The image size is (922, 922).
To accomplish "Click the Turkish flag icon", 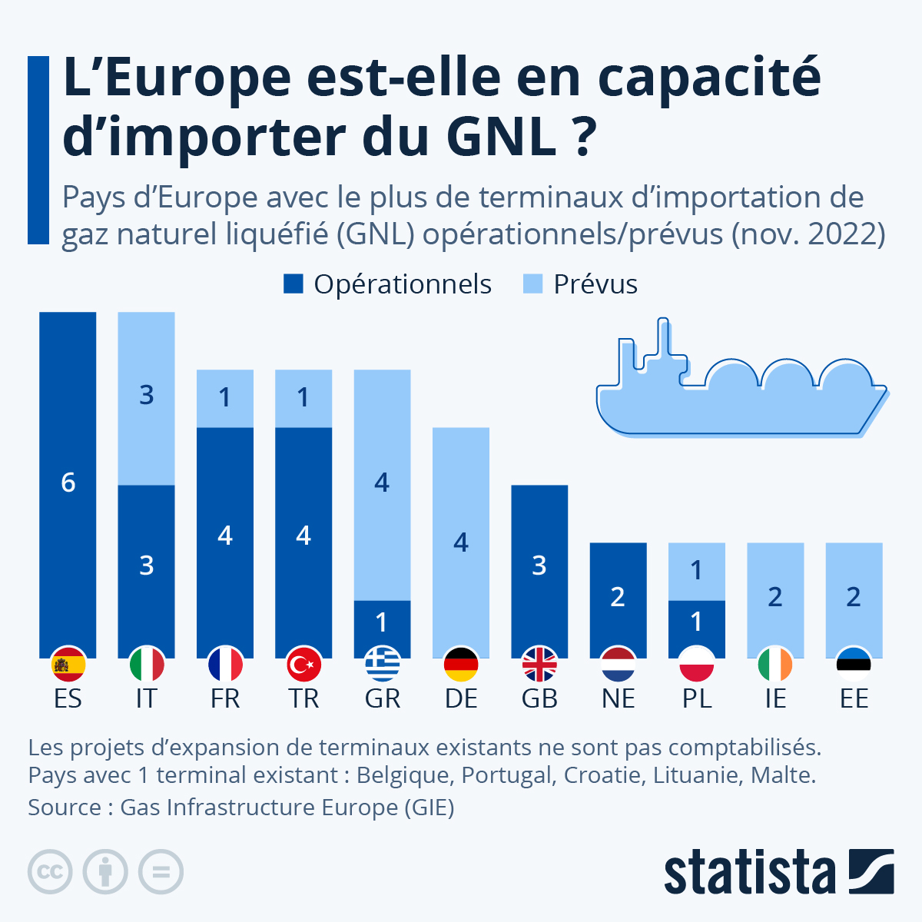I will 303,665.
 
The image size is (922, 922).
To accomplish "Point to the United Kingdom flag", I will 539,665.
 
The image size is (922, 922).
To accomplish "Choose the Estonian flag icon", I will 854,665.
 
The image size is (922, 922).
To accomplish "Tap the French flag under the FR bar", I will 225,665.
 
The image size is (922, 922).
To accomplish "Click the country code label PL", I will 697,698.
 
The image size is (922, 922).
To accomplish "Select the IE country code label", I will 775,698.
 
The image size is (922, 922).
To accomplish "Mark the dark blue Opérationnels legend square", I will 294,284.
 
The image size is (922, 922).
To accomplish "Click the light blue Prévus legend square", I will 532,284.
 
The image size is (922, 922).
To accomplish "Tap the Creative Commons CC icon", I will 50,872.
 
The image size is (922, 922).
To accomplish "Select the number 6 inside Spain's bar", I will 68,483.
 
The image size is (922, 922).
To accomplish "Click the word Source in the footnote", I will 65,808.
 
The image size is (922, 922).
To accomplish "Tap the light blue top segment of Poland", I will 697,571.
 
